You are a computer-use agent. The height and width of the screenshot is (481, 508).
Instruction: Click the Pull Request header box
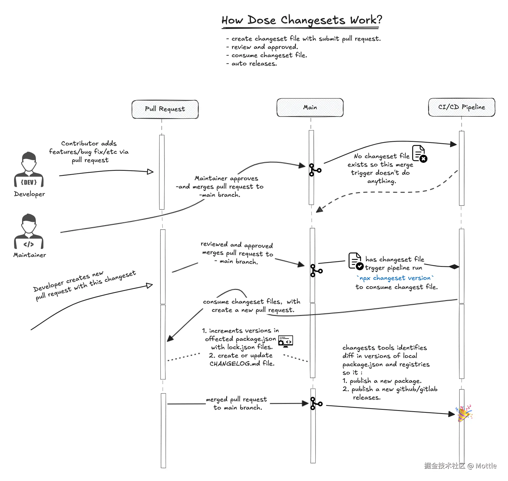(165, 109)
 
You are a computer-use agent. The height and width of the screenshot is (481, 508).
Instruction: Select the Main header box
(310, 107)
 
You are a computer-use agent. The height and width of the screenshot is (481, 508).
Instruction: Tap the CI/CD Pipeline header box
(461, 107)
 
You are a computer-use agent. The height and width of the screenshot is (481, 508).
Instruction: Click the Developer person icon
(29, 169)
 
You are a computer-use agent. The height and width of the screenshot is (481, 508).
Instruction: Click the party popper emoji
(464, 413)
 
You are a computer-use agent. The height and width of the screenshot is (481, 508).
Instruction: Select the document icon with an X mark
(419, 153)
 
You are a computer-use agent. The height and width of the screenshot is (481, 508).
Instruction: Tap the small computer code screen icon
(285, 341)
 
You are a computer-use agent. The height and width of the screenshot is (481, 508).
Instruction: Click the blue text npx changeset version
(395, 278)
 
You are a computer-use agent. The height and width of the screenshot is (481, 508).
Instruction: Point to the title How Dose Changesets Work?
(302, 20)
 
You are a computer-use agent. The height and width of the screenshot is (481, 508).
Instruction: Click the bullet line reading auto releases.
(254, 64)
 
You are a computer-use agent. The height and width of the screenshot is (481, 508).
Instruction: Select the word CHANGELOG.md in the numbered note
(235, 364)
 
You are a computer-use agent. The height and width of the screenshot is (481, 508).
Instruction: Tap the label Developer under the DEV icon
(29, 194)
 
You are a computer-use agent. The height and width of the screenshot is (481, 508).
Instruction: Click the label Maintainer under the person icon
(30, 255)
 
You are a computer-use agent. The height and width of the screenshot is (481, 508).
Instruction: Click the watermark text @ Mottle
(482, 466)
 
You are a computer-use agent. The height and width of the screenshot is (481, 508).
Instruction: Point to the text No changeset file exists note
(381, 169)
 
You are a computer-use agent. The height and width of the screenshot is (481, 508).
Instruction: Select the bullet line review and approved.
(265, 47)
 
